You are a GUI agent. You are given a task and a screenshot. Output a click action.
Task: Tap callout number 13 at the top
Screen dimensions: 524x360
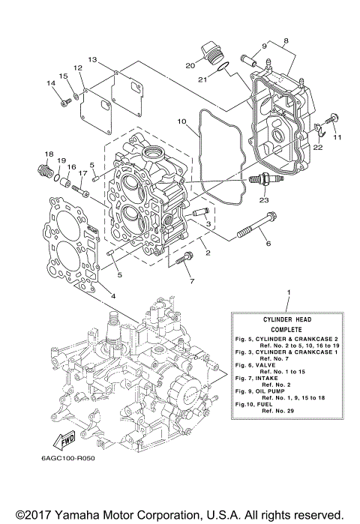[92, 58]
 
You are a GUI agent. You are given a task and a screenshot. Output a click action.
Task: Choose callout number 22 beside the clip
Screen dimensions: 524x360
[318, 148]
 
